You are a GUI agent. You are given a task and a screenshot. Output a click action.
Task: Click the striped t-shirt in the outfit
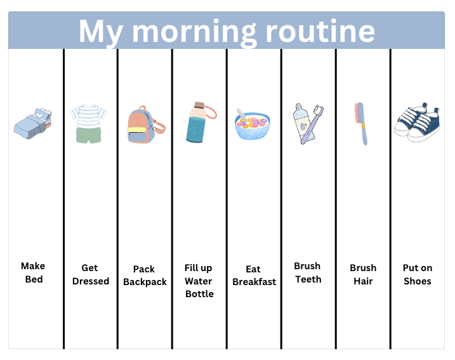[x=88, y=116]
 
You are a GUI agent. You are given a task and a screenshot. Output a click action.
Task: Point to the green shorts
[x=88, y=135]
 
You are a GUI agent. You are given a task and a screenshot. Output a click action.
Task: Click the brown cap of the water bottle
[x=199, y=104]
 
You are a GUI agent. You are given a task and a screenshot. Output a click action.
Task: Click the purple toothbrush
[x=312, y=125]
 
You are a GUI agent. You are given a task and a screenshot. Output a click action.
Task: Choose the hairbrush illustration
[x=361, y=123]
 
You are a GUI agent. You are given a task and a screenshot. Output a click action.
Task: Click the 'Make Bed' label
[x=33, y=272]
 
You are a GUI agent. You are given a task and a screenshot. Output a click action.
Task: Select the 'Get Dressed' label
[x=90, y=274]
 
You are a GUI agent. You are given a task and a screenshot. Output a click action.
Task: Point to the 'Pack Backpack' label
[x=145, y=275]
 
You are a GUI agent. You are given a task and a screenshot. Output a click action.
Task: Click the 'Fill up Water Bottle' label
[x=199, y=281]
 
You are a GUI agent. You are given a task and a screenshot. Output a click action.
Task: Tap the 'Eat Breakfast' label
[x=254, y=275]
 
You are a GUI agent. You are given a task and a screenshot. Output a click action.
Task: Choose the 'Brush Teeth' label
[x=308, y=272]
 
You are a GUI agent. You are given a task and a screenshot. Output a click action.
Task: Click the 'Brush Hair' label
[x=363, y=274]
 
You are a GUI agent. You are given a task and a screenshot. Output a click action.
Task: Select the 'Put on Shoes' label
[x=418, y=274]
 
